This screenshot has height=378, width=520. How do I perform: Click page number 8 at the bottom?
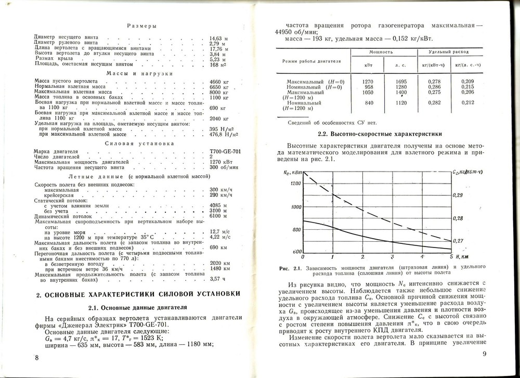(x=36, y=357)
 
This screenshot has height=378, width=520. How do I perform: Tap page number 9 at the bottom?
(x=484, y=355)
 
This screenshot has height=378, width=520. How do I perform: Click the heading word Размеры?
(x=142, y=25)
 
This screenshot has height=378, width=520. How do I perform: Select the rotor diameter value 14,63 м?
(x=218, y=38)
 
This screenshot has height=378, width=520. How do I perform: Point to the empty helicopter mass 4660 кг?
(x=218, y=82)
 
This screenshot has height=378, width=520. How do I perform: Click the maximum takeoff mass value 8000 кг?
(x=218, y=92)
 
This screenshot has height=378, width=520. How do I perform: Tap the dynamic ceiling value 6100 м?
(x=218, y=216)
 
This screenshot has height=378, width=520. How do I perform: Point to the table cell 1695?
(x=400, y=82)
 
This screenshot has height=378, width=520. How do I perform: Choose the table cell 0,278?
(x=433, y=82)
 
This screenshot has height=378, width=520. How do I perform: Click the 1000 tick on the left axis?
(x=296, y=206)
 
